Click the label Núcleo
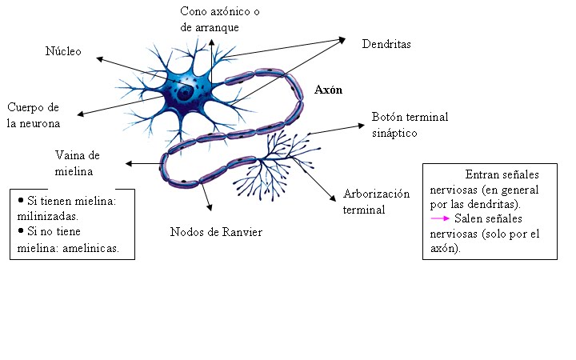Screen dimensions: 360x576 coord(63,52)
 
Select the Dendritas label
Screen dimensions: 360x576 coord(386,45)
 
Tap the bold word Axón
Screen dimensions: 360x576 coord(329,90)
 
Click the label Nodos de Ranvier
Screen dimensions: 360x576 coord(216,232)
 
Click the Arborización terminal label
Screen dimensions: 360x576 coord(376,202)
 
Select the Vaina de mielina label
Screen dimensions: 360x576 coord(77,162)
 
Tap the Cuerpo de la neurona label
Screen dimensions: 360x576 coord(34,115)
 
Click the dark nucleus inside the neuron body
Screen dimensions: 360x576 coord(185,93)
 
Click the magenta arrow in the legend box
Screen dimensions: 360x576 coord(439,218)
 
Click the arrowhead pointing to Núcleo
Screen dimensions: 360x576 coord(98,58)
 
